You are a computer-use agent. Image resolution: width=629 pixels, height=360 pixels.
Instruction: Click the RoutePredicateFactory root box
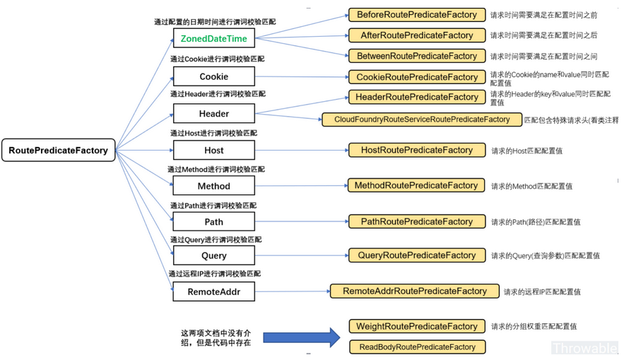click(59, 150)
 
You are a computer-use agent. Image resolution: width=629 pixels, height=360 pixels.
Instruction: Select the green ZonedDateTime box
click(213, 39)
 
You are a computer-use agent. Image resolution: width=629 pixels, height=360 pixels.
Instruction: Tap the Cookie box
click(213, 76)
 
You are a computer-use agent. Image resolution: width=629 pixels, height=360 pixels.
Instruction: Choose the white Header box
click(213, 113)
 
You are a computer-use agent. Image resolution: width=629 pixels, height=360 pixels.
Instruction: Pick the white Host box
click(213, 150)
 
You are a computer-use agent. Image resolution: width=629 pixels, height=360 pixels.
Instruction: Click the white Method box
click(213, 186)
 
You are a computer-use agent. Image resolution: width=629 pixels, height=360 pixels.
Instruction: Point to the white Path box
click(213, 221)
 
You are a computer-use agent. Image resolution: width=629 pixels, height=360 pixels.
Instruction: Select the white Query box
click(213, 255)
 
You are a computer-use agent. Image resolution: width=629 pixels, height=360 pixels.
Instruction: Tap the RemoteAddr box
click(213, 291)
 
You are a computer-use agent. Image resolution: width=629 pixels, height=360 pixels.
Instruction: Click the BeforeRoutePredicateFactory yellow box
click(416, 15)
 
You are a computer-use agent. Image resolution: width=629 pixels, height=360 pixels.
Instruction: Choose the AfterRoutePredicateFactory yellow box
click(416, 35)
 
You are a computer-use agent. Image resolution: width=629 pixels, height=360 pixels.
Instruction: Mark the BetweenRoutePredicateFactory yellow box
click(416, 56)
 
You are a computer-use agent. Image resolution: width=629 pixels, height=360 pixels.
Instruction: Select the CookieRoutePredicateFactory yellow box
click(416, 77)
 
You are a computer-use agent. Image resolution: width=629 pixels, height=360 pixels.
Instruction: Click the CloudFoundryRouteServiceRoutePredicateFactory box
click(422, 120)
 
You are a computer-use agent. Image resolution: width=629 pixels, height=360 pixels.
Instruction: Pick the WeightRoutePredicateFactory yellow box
click(416, 327)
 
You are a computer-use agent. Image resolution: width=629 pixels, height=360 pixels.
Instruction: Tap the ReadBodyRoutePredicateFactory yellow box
click(416, 347)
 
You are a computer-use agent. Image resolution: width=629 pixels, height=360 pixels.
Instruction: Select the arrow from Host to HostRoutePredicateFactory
click(300, 150)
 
